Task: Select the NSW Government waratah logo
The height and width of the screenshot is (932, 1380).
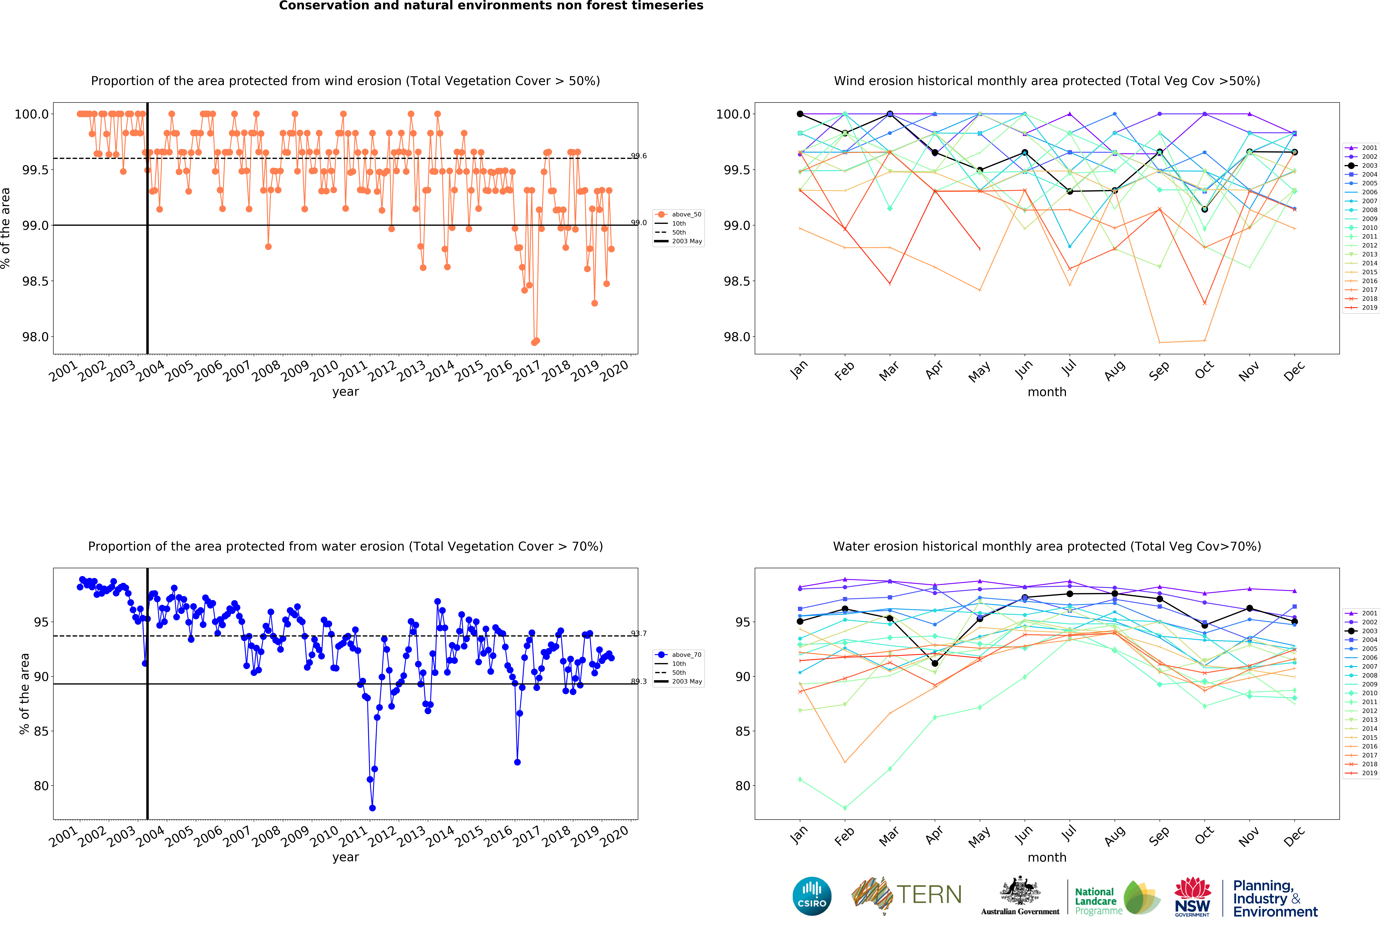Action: coord(1192,896)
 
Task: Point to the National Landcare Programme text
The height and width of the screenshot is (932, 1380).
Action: coord(1098,901)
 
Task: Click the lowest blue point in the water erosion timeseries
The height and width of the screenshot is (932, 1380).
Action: coord(372,808)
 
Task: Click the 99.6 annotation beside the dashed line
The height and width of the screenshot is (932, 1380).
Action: coord(639,156)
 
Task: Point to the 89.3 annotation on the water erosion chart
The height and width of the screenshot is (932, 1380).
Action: coord(639,681)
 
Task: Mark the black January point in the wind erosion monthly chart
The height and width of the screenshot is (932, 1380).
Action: coord(800,114)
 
